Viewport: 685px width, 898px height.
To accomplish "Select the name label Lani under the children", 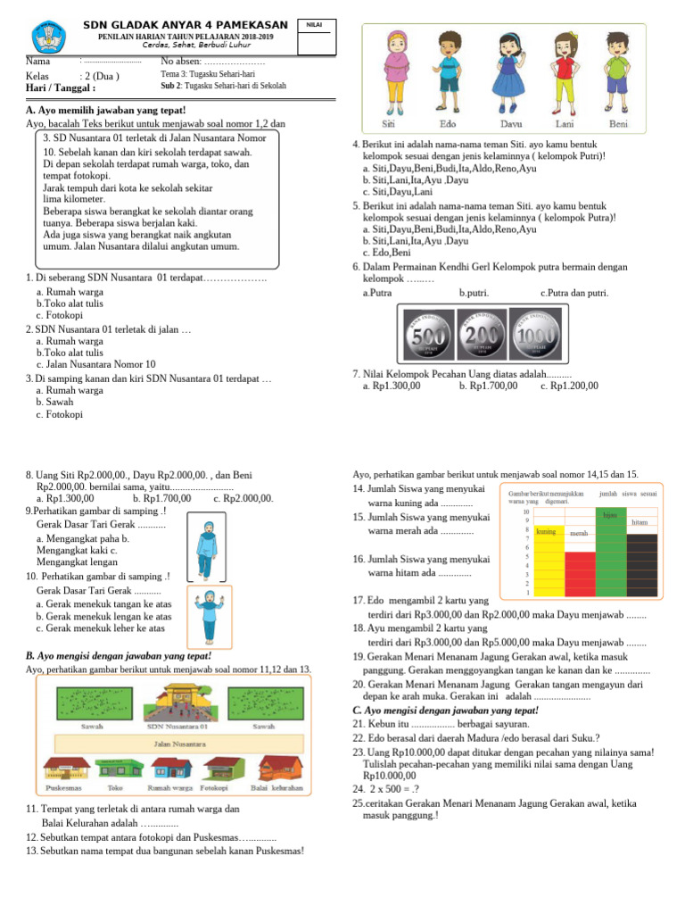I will point(565,123).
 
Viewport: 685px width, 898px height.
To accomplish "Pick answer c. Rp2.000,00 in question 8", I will point(243,499).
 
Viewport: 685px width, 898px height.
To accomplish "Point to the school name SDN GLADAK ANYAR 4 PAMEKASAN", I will point(185,23).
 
